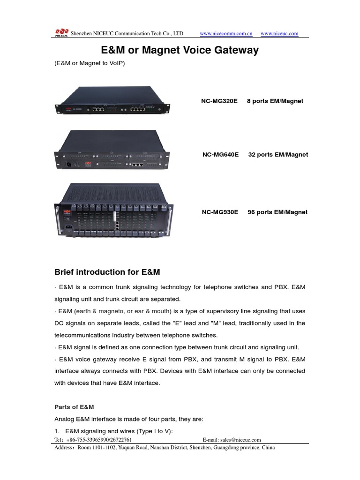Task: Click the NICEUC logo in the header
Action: [x=61, y=33]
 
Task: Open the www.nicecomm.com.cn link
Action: [x=226, y=34]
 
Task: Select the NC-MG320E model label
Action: [x=220, y=101]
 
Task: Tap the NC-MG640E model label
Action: [x=220, y=154]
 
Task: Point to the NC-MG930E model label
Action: [x=220, y=212]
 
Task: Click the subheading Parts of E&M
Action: [x=75, y=407]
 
